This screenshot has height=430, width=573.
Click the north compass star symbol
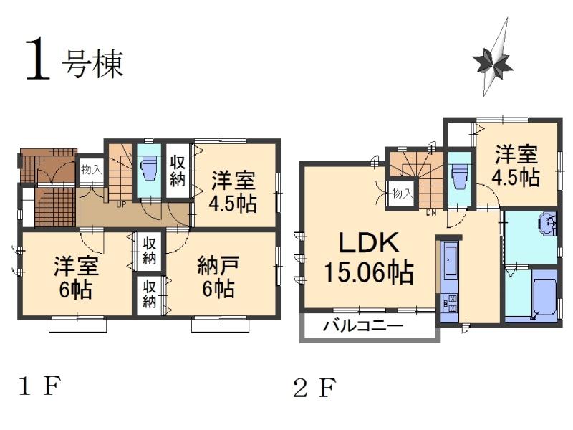[x=493, y=63]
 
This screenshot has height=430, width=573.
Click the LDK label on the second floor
[x=368, y=245]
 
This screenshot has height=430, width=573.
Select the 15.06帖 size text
[x=368, y=272]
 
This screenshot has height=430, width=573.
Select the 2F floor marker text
[x=314, y=388]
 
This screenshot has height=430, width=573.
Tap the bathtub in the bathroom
[x=536, y=294]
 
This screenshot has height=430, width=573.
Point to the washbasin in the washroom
[x=548, y=224]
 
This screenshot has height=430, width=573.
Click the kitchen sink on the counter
[x=451, y=262]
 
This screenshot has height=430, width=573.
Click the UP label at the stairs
[x=122, y=204]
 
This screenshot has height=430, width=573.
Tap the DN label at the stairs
[x=431, y=212]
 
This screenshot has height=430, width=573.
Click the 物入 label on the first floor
[x=91, y=170]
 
